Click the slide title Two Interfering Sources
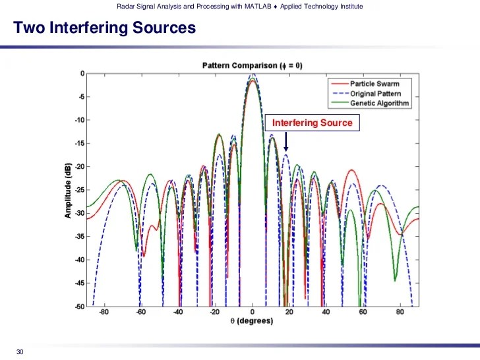point(105,28)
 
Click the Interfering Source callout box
point(312,123)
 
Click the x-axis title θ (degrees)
point(253,320)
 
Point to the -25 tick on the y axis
point(78,190)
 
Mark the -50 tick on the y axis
point(78,307)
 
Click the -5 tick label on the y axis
point(80,97)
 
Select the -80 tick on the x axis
point(104,313)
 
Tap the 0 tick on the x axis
point(253,313)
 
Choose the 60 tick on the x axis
point(363,313)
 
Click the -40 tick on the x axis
point(178,313)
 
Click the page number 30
point(20,351)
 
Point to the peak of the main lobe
point(253,76)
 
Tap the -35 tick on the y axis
point(78,237)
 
